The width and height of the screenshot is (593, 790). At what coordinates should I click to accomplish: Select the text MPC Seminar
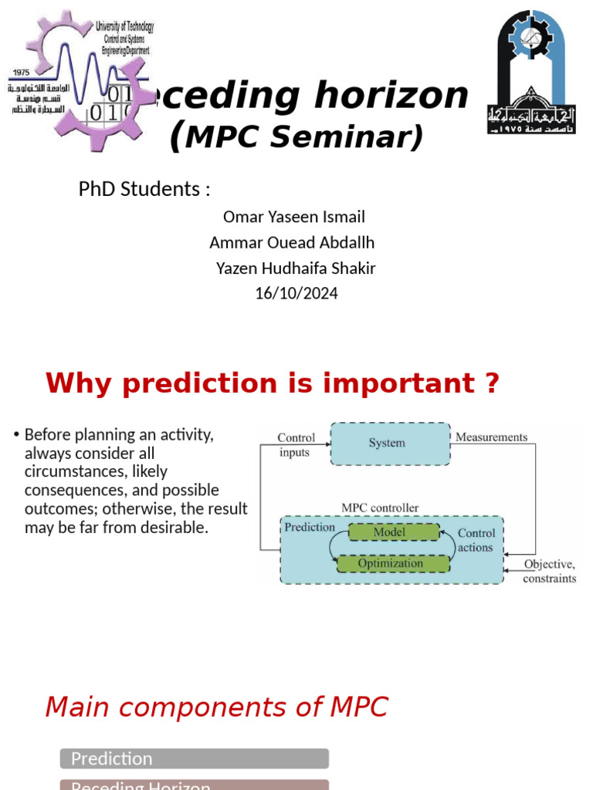point(296,137)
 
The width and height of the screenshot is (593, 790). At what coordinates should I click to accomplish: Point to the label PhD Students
point(144,189)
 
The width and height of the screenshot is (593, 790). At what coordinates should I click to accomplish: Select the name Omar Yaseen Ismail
point(293,217)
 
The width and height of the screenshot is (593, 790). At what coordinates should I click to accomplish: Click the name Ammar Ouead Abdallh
point(292,242)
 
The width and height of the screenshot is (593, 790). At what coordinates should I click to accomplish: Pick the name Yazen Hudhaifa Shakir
point(296,268)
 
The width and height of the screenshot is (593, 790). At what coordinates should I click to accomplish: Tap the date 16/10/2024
point(296,293)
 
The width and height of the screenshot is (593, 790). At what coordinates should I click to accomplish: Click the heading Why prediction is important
point(273,383)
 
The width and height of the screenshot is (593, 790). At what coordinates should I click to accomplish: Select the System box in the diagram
point(390,443)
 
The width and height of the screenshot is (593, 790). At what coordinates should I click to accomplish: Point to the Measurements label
point(491,437)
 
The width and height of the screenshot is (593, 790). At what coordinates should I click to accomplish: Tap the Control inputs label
point(296,445)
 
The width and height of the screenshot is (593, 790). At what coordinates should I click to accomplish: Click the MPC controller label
point(380,508)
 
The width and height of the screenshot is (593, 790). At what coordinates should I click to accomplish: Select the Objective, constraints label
point(549,571)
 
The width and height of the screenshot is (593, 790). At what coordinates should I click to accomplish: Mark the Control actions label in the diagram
point(476,540)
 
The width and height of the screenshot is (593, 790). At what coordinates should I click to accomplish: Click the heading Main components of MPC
point(216,707)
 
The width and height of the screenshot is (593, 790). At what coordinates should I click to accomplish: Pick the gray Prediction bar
point(194,758)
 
